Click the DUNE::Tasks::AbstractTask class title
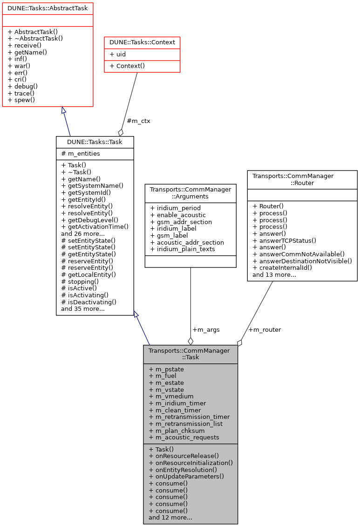click(48, 8)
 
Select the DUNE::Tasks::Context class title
click(142, 42)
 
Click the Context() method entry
click(126, 66)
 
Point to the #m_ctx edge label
click(138, 121)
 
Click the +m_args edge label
click(206, 329)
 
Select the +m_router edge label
click(264, 329)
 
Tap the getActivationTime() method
click(95, 226)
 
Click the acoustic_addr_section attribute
click(187, 242)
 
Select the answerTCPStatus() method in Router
click(284, 240)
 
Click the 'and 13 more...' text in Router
click(274, 274)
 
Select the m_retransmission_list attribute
click(186, 424)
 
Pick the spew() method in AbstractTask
click(21, 100)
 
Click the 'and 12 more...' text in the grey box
click(170, 517)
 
